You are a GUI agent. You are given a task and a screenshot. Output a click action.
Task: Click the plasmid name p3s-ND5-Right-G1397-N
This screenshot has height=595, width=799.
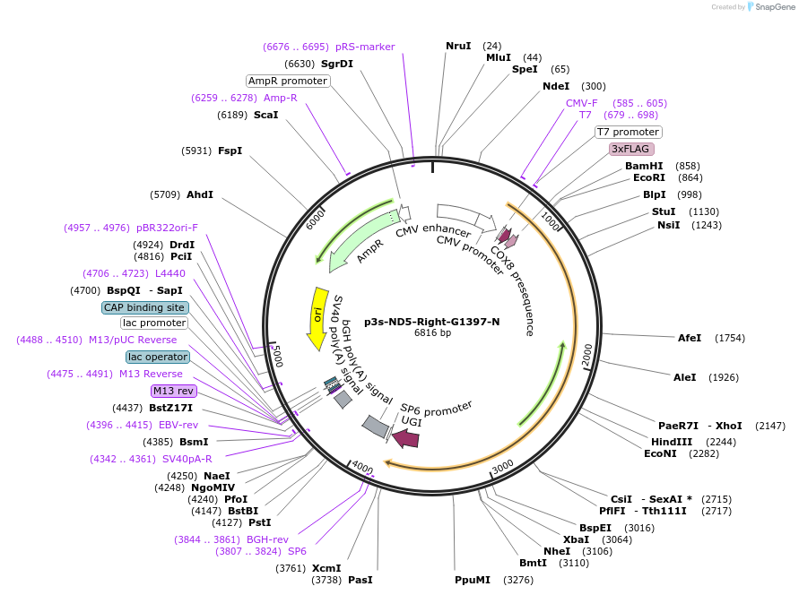coord(432,321)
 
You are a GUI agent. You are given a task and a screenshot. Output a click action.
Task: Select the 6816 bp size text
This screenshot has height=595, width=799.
coord(432,333)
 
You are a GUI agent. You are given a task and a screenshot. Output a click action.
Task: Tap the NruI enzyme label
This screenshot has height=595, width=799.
coord(458,46)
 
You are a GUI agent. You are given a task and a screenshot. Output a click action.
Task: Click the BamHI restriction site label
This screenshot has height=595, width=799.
coord(644,166)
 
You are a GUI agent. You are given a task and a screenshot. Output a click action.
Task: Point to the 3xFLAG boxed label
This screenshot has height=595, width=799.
coord(631,149)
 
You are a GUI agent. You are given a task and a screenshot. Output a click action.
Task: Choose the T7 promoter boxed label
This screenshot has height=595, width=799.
coord(628,132)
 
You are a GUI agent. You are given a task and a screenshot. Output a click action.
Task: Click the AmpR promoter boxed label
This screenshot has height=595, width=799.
coord(288,81)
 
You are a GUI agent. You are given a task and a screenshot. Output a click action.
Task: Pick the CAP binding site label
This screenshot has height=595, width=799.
coord(143,307)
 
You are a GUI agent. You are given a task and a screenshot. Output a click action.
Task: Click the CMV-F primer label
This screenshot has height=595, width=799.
coord(581,103)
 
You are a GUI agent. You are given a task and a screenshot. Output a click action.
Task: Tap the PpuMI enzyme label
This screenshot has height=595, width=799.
coord(473,580)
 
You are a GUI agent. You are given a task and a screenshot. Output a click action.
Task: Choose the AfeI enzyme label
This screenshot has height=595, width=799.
coord(690,338)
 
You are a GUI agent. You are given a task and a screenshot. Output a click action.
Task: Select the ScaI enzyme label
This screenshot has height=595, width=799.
coord(265,115)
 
